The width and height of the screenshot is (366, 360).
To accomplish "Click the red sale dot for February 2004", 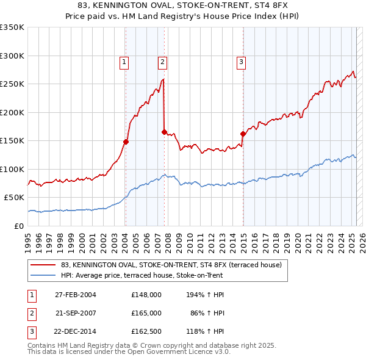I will pyautogui.click(x=126, y=142).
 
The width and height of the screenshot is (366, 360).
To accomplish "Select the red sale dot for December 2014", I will pyautogui.click(x=243, y=134).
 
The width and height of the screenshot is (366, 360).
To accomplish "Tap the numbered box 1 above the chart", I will pyautogui.click(x=124, y=61).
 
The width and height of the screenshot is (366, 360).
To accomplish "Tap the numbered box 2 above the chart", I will pyautogui.click(x=163, y=61).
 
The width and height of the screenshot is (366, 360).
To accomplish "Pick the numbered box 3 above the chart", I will pyautogui.click(x=241, y=61).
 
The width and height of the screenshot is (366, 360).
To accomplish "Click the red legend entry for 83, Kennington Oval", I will pyautogui.click(x=171, y=265).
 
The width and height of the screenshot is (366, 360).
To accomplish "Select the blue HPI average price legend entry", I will pyautogui.click(x=142, y=275).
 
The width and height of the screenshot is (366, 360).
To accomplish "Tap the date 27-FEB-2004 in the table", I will pyautogui.click(x=76, y=295).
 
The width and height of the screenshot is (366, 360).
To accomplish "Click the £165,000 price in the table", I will pyautogui.click(x=146, y=313).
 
